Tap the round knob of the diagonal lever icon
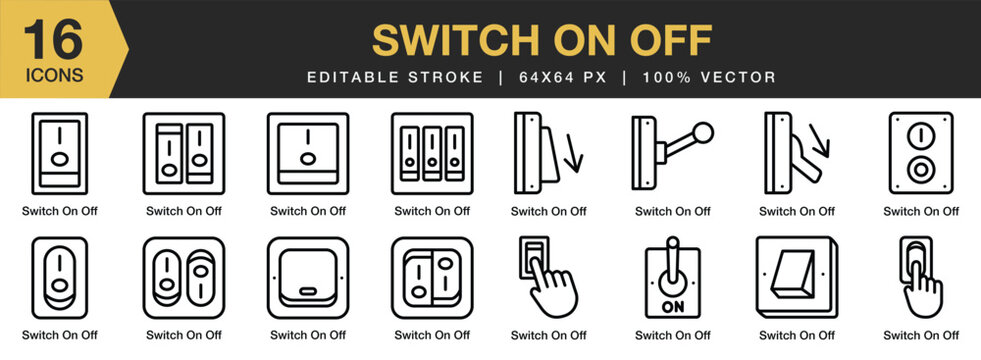tap(704, 131)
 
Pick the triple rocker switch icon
tap(432, 153)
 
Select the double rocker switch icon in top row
tap(184, 153)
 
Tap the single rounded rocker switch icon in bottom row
tap(59, 278)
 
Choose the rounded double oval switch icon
tap(184, 278)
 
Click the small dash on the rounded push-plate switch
tap(308, 295)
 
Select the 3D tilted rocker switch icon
tap(797, 278)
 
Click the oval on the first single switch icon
tap(59, 159)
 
